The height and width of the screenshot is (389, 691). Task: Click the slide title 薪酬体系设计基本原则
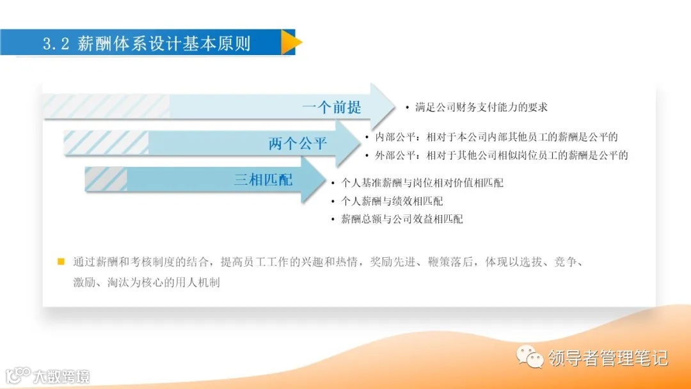(x=164, y=44)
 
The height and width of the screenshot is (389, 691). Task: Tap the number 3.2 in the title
(x=56, y=44)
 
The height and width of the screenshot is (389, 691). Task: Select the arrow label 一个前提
(x=331, y=107)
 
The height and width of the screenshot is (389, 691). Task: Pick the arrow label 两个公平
(x=298, y=143)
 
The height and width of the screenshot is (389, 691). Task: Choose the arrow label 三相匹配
(x=263, y=180)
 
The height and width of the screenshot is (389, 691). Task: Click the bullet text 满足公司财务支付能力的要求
(x=481, y=107)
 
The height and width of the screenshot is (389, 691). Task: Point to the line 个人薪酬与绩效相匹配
(x=392, y=201)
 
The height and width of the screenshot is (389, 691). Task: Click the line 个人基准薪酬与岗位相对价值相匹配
(x=422, y=183)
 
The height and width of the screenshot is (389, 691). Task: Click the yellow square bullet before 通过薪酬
(x=61, y=262)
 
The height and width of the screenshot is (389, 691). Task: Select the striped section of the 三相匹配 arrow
(x=106, y=179)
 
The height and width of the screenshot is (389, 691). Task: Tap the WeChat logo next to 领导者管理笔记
(x=530, y=356)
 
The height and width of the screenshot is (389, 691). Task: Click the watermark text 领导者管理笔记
(x=608, y=358)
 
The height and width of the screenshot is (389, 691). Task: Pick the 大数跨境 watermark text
(x=61, y=376)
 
